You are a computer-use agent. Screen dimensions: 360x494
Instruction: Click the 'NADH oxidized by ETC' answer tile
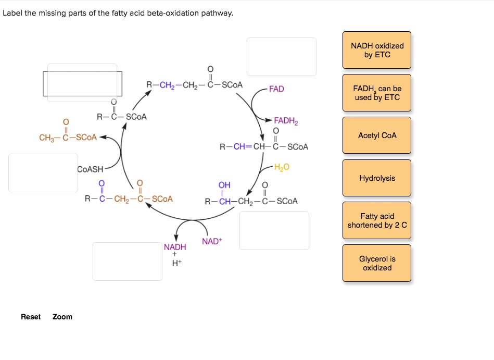(377, 50)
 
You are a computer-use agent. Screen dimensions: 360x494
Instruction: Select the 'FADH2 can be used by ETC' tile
(377, 93)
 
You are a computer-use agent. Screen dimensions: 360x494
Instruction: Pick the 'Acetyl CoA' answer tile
(377, 135)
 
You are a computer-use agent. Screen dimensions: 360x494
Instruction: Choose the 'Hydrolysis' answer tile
(377, 178)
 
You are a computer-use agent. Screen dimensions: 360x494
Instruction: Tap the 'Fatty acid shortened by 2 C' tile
(377, 221)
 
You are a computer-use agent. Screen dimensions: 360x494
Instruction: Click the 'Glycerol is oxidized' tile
(377, 264)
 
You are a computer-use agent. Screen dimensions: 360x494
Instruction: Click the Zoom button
(62, 317)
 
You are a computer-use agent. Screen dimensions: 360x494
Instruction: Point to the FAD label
(276, 89)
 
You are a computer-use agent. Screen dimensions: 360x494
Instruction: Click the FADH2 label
(286, 121)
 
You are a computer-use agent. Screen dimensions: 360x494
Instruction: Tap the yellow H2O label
(282, 167)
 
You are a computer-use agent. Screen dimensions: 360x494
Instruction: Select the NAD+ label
(212, 241)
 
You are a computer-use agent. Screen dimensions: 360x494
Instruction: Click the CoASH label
(90, 169)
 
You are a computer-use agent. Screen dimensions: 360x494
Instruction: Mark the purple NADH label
(175, 247)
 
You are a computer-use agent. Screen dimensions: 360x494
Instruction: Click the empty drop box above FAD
(281, 57)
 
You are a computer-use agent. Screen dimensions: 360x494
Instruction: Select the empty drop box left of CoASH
(43, 172)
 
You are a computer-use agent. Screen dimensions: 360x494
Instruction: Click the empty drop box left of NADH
(127, 261)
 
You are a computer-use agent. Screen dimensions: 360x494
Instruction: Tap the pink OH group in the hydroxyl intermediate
(224, 185)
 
